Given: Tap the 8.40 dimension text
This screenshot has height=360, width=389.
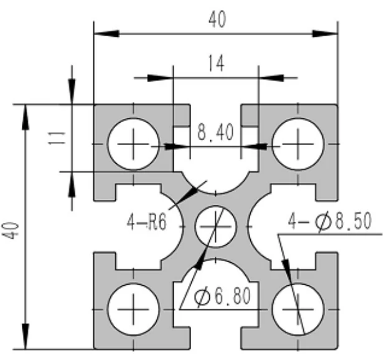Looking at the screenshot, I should point(215,132).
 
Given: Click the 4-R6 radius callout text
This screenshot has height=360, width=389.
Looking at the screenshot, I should point(146,222).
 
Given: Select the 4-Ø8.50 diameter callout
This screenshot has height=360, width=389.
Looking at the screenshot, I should point(330,222).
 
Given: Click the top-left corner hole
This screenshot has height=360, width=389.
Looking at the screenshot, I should point(133,144).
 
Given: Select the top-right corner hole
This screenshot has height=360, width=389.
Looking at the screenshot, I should point(298,144).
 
